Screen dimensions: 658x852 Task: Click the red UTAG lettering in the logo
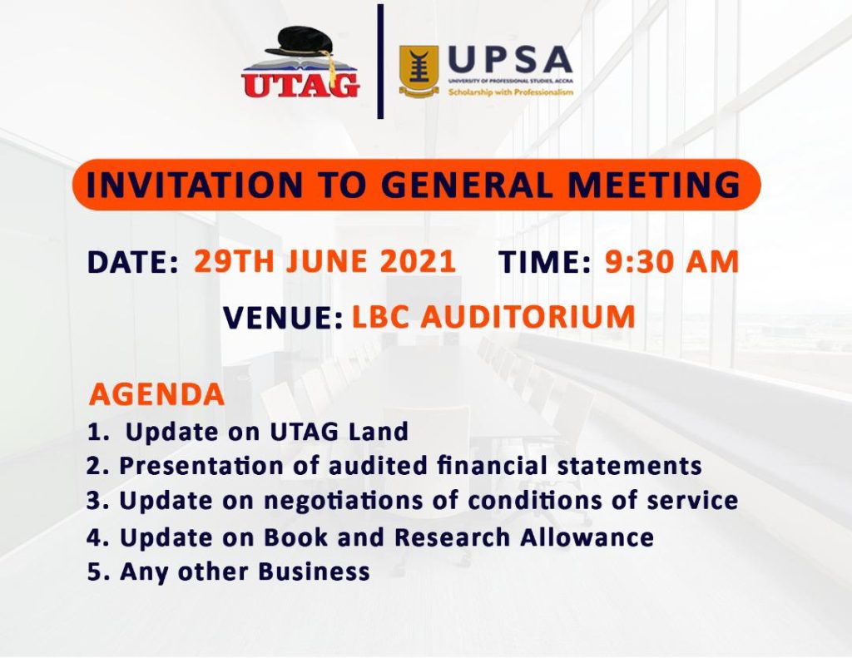tap(300, 84)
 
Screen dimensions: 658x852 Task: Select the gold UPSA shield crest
tap(419, 71)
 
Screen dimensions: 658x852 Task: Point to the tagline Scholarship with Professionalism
tap(511, 92)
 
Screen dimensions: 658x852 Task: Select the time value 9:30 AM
tap(671, 262)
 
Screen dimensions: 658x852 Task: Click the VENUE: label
tap(283, 318)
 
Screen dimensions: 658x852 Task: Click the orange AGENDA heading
tap(156, 394)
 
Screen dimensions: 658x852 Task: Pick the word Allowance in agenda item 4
tap(587, 537)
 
